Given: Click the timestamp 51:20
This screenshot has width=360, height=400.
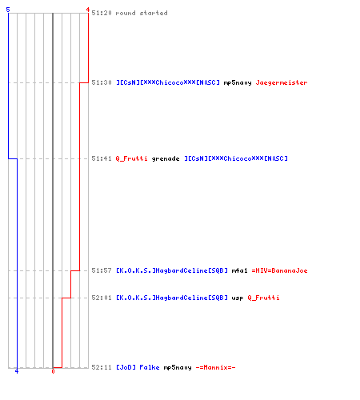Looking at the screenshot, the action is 102,13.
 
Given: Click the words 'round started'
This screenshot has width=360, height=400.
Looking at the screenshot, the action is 142,13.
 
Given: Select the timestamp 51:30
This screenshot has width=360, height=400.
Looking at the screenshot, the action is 102,82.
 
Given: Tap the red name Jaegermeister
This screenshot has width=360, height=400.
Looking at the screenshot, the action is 282,83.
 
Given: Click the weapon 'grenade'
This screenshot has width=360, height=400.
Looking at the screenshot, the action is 166,159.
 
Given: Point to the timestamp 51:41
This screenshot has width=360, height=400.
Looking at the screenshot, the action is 102,158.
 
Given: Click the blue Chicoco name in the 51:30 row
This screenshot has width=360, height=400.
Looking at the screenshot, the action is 168,82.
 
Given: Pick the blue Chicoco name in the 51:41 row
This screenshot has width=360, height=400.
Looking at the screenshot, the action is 236,158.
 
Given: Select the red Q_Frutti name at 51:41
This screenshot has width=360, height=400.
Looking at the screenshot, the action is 131,158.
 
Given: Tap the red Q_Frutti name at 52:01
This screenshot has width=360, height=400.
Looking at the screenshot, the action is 263,298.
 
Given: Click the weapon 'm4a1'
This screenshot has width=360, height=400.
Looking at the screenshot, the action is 239,270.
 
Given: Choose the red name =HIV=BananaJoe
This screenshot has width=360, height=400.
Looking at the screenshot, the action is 279,270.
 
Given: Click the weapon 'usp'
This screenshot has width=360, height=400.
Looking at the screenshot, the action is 238,298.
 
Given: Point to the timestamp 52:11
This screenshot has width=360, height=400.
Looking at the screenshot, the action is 102,367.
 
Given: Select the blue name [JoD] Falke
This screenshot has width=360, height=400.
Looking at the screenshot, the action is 138,367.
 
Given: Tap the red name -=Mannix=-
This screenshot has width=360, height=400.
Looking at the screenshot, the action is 215,367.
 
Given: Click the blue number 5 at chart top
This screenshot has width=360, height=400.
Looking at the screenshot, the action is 8,10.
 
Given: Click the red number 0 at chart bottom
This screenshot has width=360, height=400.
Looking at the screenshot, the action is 53,371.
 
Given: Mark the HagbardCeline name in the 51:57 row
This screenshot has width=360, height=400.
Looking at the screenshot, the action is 172,270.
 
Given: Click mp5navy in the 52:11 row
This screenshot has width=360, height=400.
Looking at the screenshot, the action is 178,368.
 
